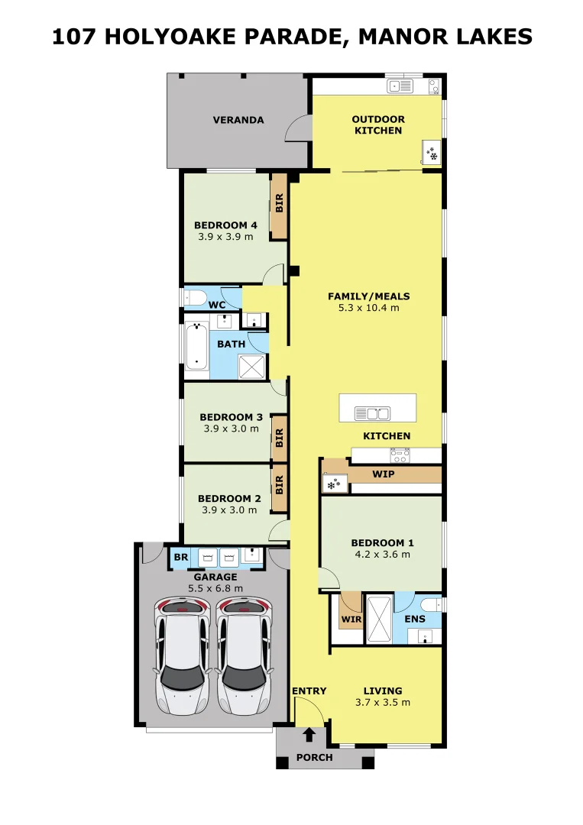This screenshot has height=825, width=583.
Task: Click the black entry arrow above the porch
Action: click(309, 735)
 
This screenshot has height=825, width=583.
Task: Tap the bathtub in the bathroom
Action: click(197, 346)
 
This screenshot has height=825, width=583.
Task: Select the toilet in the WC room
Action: click(193, 298)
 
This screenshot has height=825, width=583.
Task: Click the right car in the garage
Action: click(245, 655)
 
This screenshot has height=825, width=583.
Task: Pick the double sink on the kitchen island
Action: click(373, 413)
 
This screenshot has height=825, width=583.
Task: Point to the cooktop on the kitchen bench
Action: click(400, 455)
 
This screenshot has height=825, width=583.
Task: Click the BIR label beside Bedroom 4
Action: click(280, 203)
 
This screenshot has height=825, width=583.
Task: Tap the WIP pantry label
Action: click(383, 474)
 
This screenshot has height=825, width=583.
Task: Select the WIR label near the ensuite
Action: click(351, 620)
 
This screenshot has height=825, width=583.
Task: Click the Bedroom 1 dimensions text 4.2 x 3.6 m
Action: click(383, 554)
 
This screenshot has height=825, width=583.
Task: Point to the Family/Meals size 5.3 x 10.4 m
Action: click(369, 308)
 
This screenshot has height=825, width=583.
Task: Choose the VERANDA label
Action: click(238, 120)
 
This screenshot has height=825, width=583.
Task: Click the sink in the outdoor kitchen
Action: click(400, 86)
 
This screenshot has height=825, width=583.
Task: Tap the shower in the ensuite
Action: click(379, 620)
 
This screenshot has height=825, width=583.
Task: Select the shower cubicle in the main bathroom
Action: click(252, 367)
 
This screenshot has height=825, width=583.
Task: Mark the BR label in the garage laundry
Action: click(181, 557)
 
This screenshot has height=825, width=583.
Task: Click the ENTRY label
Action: click(309, 691)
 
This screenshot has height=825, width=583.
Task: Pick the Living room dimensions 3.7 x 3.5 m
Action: click(383, 703)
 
